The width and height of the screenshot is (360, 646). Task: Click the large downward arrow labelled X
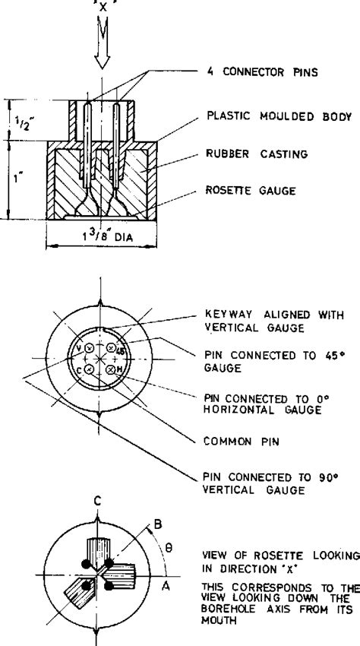click(102, 41)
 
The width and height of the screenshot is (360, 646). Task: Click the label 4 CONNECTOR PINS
click(262, 72)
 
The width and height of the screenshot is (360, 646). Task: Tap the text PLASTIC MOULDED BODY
click(279, 116)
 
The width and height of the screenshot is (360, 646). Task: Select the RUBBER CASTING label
click(257, 154)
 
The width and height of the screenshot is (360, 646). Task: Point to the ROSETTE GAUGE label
click(251, 190)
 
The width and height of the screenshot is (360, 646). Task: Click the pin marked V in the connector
click(90, 348)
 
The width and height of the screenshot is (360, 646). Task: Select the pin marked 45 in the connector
click(111, 348)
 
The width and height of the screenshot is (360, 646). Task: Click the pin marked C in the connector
click(88, 370)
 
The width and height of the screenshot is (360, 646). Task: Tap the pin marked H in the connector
click(110, 370)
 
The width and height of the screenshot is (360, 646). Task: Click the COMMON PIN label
click(242, 442)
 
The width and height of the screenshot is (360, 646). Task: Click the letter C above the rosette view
click(97, 502)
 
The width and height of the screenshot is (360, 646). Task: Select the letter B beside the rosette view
click(158, 524)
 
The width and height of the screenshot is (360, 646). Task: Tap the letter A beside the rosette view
click(166, 586)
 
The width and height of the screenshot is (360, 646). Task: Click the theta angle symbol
click(168, 549)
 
